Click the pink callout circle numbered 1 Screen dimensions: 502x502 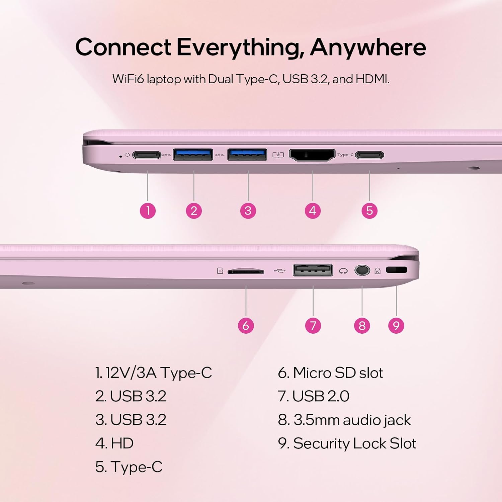(x=148, y=211)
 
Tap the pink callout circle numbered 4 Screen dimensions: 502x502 (x=313, y=211)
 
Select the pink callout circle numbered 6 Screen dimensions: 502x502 (x=246, y=325)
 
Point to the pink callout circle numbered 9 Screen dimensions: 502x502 (x=396, y=325)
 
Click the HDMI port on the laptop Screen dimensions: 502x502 (x=312, y=155)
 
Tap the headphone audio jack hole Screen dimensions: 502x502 (x=362, y=270)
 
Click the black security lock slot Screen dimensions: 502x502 (x=397, y=270)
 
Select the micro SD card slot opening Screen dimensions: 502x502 (x=246, y=271)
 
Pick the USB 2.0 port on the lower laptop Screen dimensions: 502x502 (x=313, y=270)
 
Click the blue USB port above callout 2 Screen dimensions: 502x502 (x=193, y=155)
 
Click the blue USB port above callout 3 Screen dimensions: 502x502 (x=247, y=155)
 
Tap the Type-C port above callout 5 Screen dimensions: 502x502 (x=369, y=155)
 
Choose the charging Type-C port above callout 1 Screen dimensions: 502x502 (x=147, y=155)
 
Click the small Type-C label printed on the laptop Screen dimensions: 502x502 (x=345, y=155)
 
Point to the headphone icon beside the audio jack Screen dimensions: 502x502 (x=343, y=271)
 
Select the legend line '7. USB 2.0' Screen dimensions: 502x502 (x=314, y=396)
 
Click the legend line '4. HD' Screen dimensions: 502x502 (x=114, y=443)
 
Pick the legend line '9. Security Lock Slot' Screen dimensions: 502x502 (x=347, y=443)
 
